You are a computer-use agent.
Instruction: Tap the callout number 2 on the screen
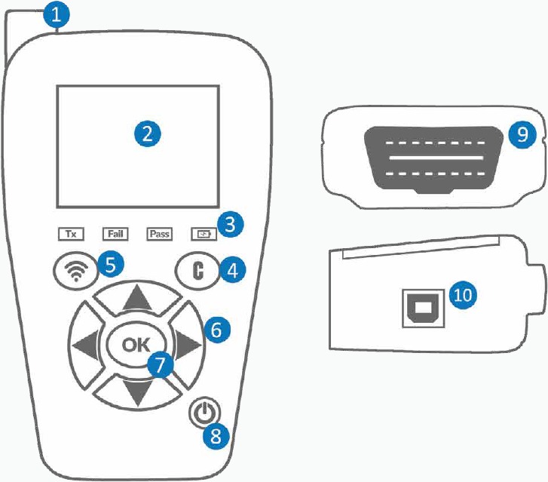click(148, 134)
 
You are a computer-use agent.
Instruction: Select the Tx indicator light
click(73, 233)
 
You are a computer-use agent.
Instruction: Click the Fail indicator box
click(116, 233)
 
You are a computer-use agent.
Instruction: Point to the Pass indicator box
click(159, 233)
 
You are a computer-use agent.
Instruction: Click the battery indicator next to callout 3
click(203, 233)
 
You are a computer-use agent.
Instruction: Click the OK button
click(136, 345)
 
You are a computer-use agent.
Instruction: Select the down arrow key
click(136, 391)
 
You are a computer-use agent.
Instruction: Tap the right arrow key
click(188, 345)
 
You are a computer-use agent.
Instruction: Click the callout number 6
click(216, 329)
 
